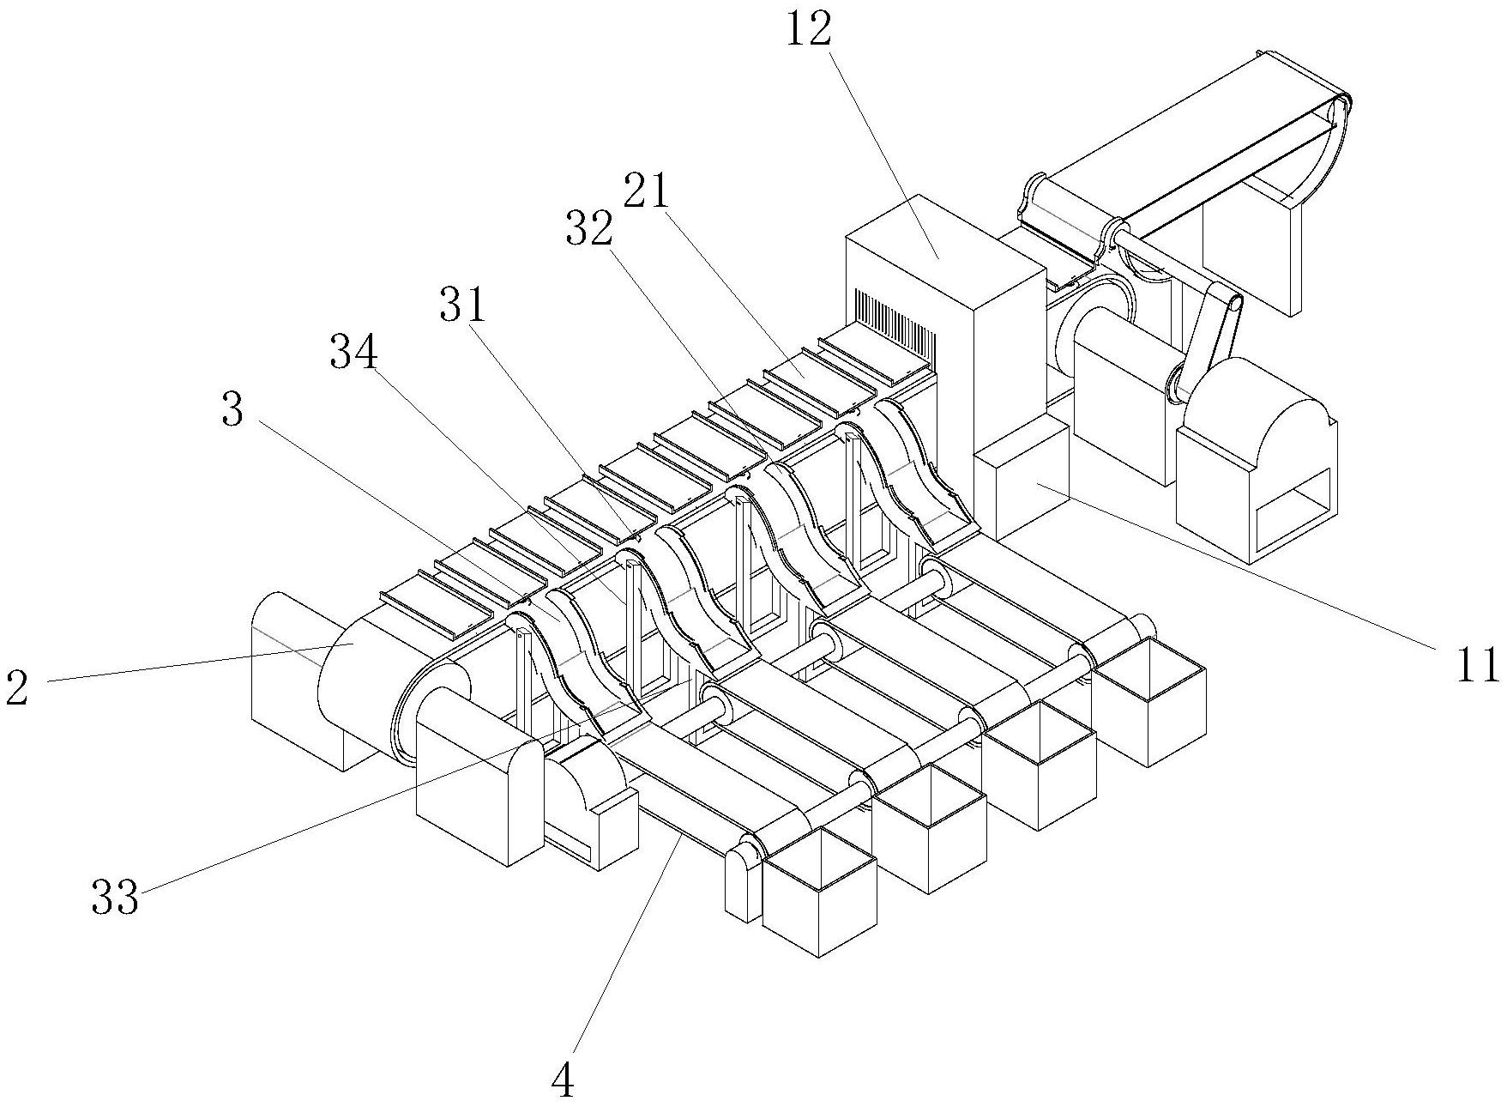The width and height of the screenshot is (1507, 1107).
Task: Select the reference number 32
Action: click(x=590, y=227)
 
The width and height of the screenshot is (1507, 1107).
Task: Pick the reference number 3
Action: click(x=232, y=411)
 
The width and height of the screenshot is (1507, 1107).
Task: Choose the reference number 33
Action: click(x=115, y=898)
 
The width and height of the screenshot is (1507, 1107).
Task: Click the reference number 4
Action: click(x=563, y=1083)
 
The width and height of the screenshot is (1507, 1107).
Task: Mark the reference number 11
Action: click(x=1477, y=665)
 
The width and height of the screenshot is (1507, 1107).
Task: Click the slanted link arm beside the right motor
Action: click(x=1209, y=335)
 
